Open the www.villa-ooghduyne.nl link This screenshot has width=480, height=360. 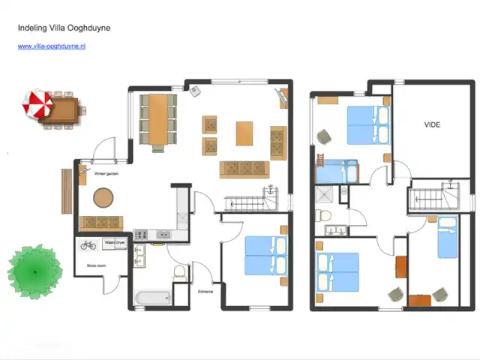point(52,46)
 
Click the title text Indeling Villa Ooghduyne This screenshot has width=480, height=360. point(64,28)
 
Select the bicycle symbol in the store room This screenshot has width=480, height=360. point(88,244)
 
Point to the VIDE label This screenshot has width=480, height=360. point(432,124)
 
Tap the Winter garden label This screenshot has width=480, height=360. point(106,174)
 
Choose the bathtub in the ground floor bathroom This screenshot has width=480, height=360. point(152,298)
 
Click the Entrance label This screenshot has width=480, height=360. point(206,291)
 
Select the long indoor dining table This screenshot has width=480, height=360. point(158,119)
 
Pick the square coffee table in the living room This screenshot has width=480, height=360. point(245,133)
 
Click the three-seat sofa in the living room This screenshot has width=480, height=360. point(244,169)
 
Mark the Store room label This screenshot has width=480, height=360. point(96,265)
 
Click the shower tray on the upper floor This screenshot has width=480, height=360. point(327,194)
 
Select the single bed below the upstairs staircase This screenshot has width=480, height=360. point(447,236)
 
